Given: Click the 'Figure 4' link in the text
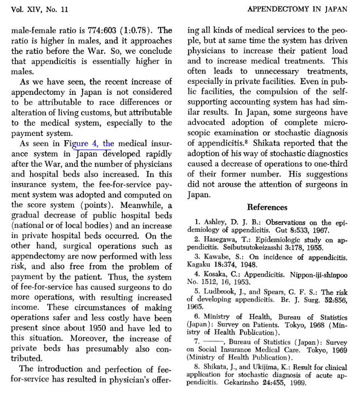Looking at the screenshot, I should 95,144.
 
